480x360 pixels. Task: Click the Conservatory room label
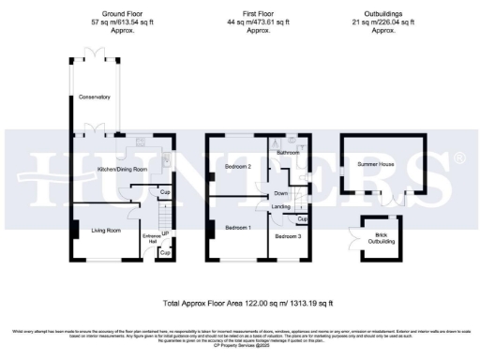point(95,97)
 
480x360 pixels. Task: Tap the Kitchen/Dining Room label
point(123,170)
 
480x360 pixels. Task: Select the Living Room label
point(106,230)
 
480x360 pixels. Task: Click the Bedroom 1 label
point(237,228)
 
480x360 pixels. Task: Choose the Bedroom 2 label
point(238,167)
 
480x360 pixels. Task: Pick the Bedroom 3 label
point(288,236)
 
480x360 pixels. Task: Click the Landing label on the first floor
point(280,206)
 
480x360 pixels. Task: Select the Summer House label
point(374,163)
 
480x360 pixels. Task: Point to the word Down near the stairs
point(281,192)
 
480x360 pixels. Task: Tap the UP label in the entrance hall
point(166,232)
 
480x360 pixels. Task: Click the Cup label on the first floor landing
point(301,219)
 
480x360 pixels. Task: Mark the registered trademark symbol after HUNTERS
point(458,157)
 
